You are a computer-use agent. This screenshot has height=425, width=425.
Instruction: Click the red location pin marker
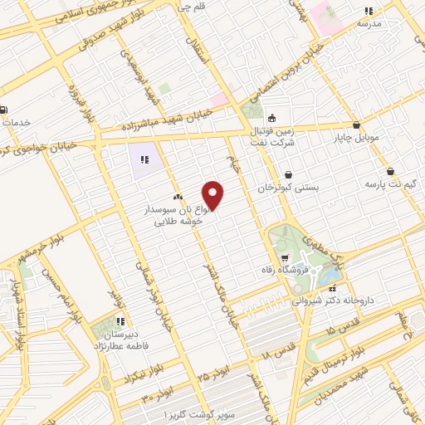coord(213,194)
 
